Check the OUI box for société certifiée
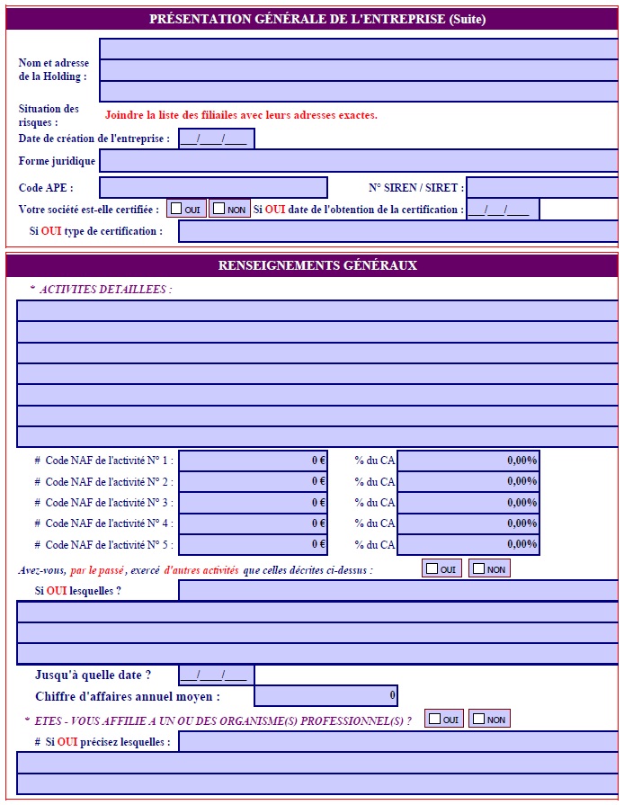point(177,210)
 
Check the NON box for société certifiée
point(219,210)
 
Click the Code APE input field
point(213,188)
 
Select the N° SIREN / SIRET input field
point(542,188)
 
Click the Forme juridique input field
point(358,161)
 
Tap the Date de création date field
point(216,139)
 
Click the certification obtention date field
point(503,210)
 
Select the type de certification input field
point(398,231)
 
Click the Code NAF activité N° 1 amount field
point(253,460)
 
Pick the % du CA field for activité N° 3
point(468,502)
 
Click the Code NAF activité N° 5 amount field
point(253,544)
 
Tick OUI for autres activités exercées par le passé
point(432,568)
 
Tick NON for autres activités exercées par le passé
point(479,568)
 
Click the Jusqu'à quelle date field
point(216,675)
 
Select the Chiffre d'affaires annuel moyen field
point(325,695)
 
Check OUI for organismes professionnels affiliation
point(434,719)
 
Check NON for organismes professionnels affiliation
point(479,719)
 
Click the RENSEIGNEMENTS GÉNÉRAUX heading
point(317,265)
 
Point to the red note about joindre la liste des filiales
point(241,115)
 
